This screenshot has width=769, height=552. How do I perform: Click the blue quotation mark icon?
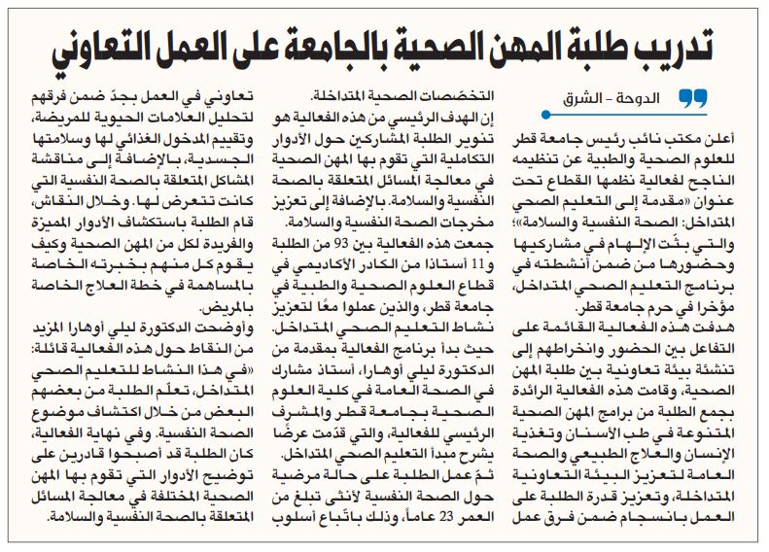click(691, 97)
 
